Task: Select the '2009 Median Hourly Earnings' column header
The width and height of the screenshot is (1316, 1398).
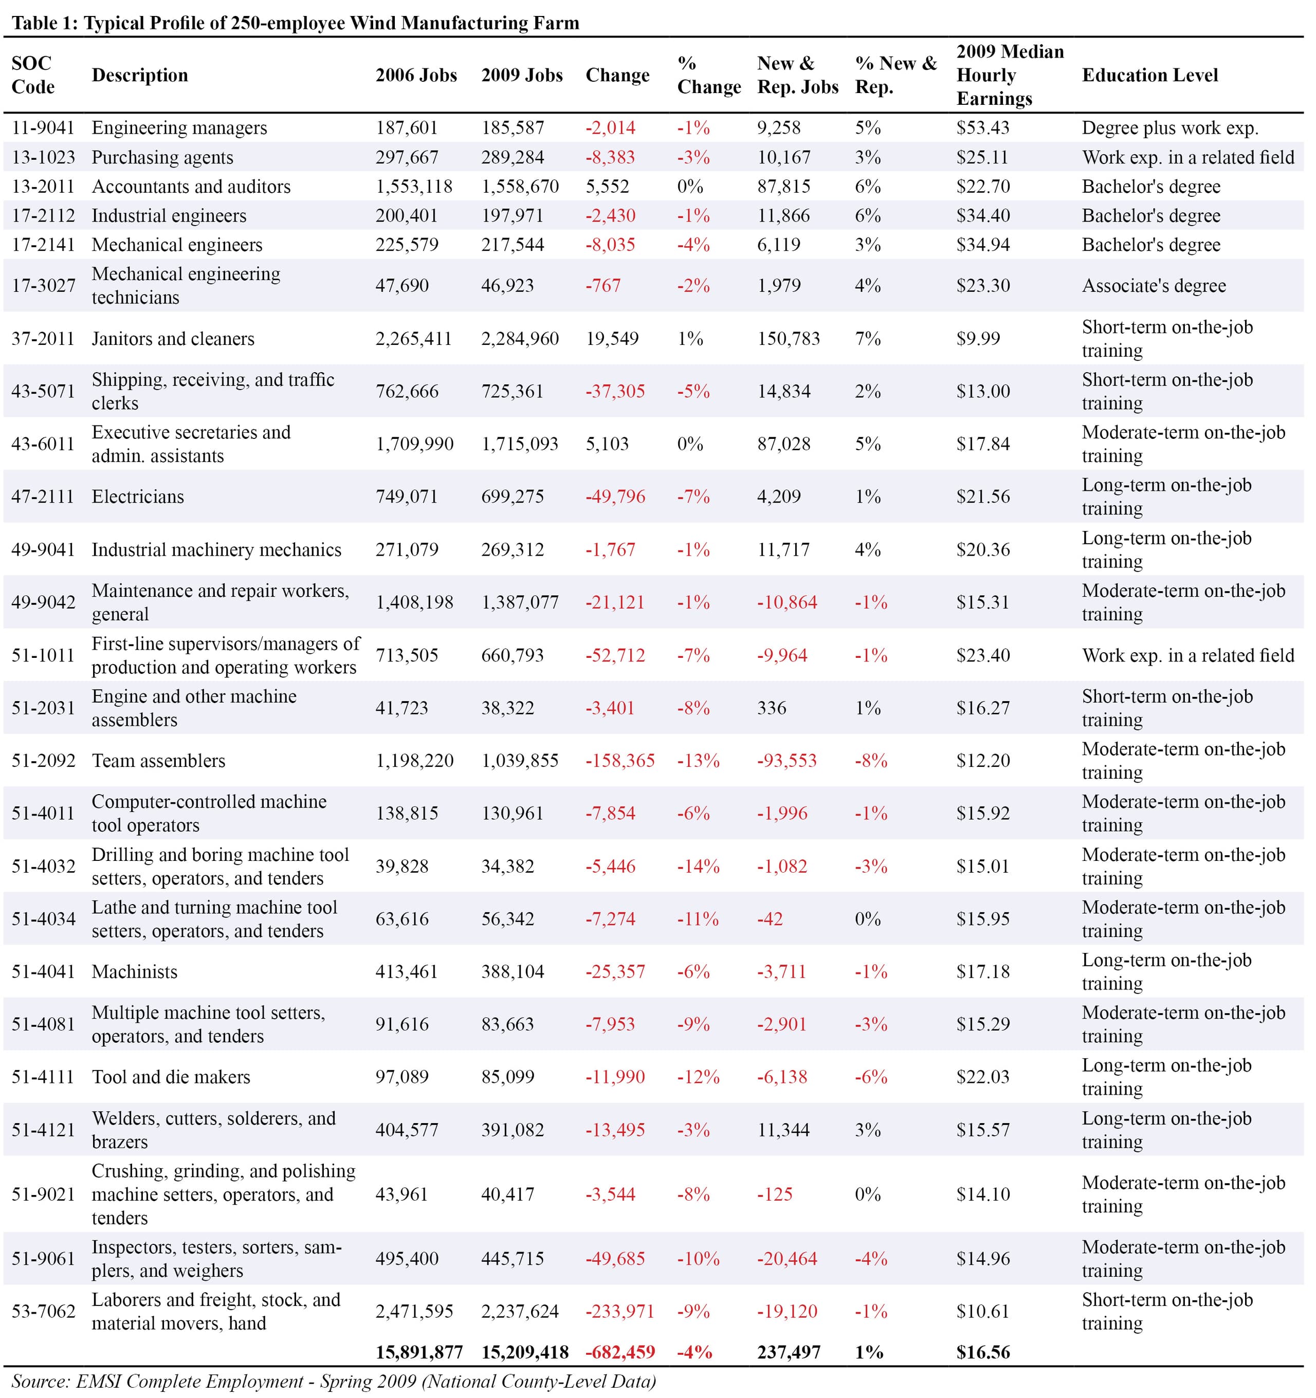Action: [1010, 75]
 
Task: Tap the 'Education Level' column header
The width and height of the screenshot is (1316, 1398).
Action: [1150, 75]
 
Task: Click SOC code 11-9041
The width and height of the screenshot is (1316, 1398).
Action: [43, 128]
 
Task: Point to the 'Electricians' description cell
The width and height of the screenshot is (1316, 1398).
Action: [138, 496]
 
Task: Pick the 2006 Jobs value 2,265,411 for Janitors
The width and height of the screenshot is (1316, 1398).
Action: [414, 339]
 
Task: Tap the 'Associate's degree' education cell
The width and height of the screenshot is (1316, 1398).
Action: [1154, 285]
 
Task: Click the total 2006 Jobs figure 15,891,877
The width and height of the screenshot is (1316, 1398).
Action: [419, 1352]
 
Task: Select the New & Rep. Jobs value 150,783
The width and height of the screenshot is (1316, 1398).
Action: [789, 339]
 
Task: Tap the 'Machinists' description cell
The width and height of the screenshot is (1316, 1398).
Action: [134, 972]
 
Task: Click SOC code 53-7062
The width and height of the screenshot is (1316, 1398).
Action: [43, 1312]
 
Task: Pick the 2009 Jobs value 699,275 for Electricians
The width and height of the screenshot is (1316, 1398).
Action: [513, 496]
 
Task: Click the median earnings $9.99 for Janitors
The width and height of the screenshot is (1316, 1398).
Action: [978, 339]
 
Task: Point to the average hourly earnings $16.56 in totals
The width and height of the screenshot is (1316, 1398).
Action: [982, 1352]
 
